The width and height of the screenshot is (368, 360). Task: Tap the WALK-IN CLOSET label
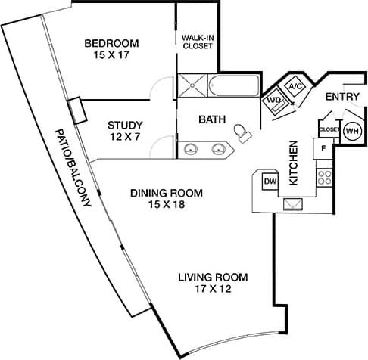coord(198,41)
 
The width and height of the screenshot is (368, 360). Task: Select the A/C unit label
coord(295,86)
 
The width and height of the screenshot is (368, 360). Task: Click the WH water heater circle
coord(352,131)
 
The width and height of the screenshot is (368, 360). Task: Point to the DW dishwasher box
coord(270,182)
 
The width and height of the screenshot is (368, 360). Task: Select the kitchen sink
coord(293,203)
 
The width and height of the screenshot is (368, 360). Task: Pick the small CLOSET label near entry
coord(329,129)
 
